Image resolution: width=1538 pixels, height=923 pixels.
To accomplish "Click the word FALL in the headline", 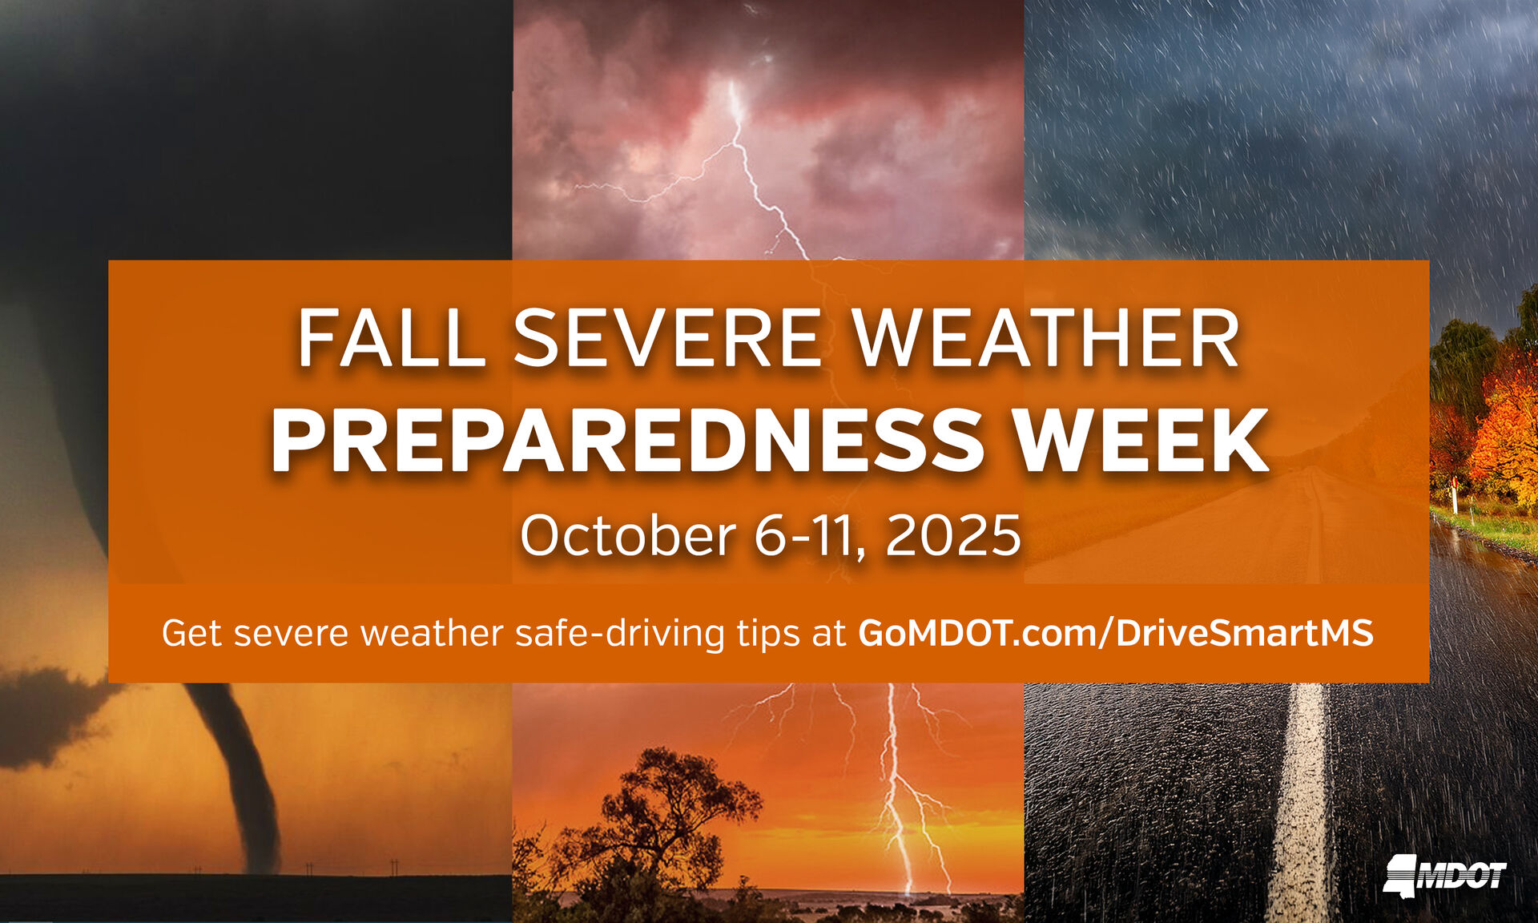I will tap(391, 340).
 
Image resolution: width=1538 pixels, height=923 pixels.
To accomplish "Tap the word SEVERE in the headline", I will tap(667, 340).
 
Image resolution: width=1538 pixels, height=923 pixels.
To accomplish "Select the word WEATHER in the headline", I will tap(1046, 340).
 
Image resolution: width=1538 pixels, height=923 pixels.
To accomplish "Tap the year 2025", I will tap(953, 535).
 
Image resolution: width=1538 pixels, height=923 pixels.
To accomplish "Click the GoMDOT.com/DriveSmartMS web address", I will tap(1116, 633).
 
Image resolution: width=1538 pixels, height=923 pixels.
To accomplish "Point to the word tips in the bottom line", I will tap(768, 633).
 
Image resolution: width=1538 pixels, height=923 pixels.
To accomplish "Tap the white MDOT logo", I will tap(1445, 874).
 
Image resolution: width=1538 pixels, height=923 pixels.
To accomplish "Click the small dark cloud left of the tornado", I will tap(48, 717).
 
